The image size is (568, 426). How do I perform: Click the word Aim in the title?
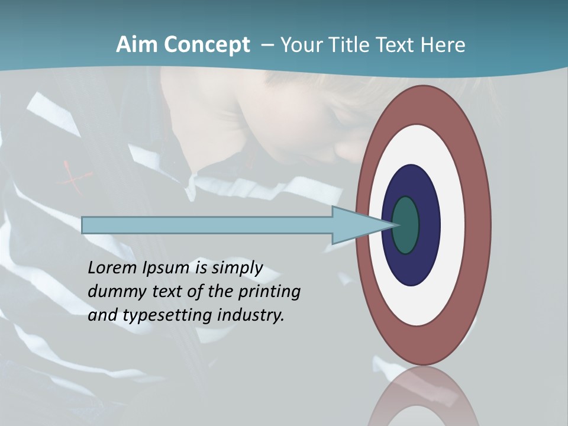(x=134, y=45)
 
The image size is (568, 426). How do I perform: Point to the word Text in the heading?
(x=397, y=45)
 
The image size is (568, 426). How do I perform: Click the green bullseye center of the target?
(x=406, y=225)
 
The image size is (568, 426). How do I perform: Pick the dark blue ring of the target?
(x=427, y=225)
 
